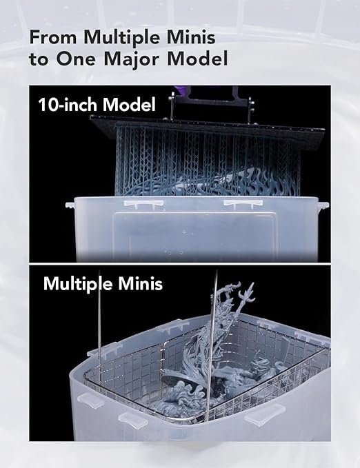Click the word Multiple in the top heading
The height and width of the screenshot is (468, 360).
tap(123, 38)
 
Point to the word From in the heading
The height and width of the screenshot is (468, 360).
tap(54, 37)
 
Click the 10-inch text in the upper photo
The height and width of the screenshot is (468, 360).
tap(68, 105)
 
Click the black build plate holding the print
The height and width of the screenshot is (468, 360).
tap(208, 130)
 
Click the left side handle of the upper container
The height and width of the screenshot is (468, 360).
tap(70, 205)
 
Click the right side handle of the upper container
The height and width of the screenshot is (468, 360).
tap(323, 205)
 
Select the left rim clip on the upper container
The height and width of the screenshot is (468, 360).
tap(143, 203)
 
